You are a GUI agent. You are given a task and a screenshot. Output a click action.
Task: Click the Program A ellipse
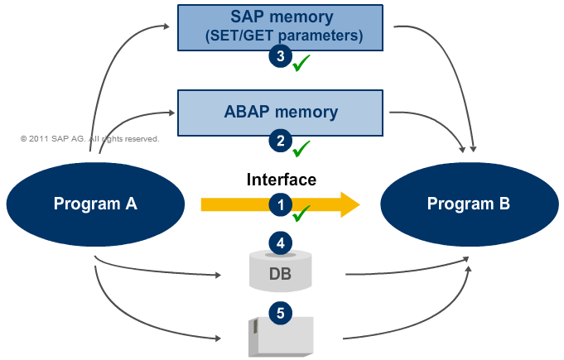coord(95,204)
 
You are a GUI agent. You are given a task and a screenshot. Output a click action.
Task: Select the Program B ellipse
coord(468,204)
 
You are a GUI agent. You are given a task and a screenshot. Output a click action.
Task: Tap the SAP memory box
coord(282,27)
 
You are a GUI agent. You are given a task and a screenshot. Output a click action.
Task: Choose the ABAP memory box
coord(281,113)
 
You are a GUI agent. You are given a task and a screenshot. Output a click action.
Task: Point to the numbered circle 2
coord(281,140)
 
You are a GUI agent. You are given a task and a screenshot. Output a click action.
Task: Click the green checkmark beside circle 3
coord(301,62)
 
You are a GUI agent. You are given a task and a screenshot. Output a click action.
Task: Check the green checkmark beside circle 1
coord(301,213)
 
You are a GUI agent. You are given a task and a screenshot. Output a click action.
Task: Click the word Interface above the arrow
coord(282,180)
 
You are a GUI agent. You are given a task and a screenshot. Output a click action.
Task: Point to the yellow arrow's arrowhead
coord(351,204)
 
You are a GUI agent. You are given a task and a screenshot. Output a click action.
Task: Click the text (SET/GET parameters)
coord(282,36)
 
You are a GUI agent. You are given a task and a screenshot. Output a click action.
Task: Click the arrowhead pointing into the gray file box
coord(221,338)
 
